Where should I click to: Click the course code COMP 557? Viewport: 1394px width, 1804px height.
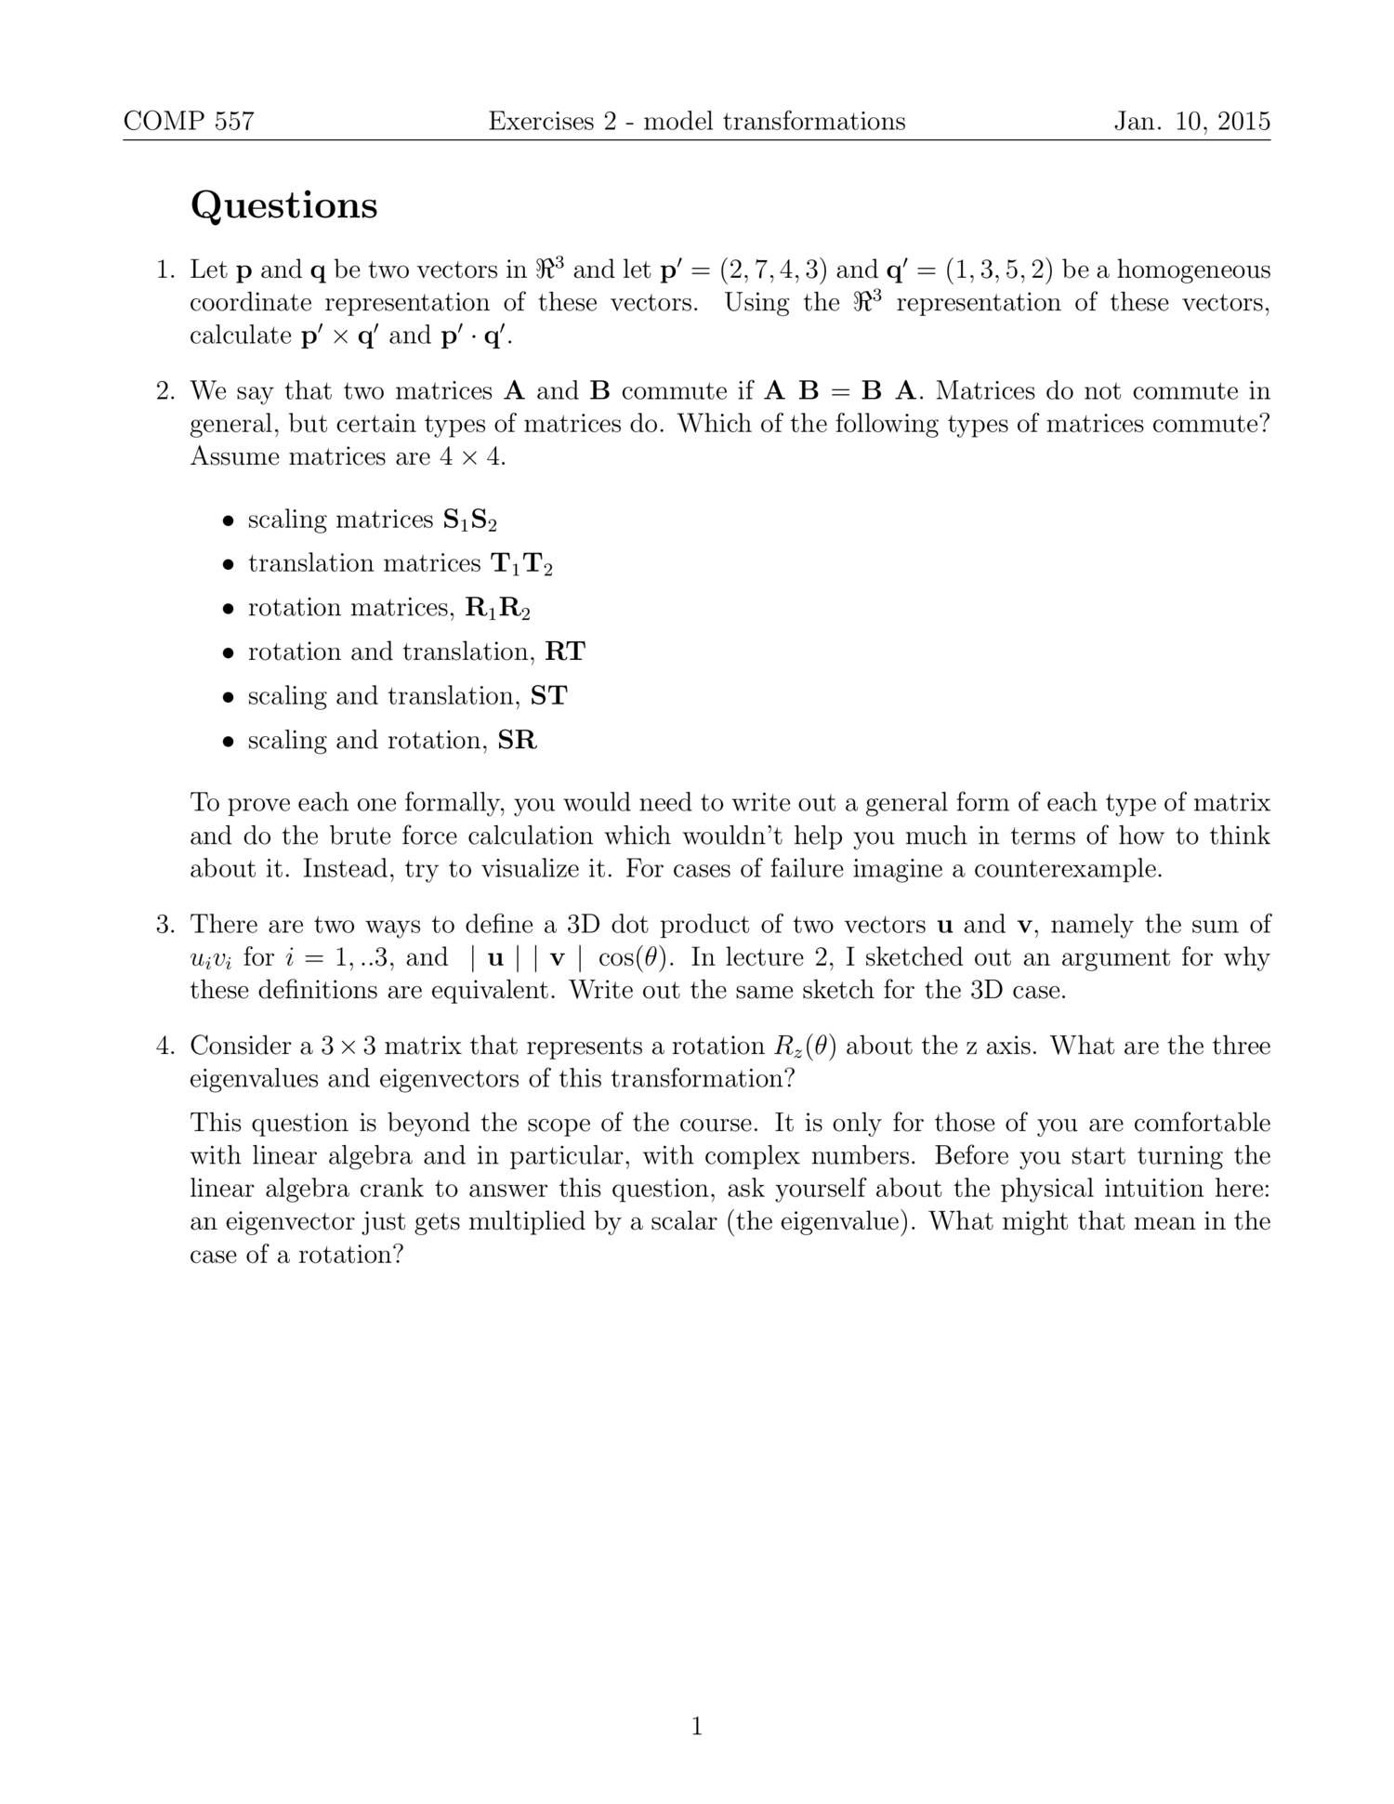189,122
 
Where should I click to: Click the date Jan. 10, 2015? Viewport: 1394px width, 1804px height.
1192,122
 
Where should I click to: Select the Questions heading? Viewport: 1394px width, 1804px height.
284,205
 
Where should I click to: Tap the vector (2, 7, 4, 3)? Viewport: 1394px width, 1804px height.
773,270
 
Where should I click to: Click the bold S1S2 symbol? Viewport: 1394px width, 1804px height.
470,520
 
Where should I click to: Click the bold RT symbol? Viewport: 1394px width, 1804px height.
565,652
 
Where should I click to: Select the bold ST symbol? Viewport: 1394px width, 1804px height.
548,696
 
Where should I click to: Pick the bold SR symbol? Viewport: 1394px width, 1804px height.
518,741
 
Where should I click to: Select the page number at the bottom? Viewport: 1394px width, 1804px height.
697,1727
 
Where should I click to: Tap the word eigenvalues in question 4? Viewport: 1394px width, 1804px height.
255,1080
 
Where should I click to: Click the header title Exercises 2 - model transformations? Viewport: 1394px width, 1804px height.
697,122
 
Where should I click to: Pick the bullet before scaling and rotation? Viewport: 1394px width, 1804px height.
227,743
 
